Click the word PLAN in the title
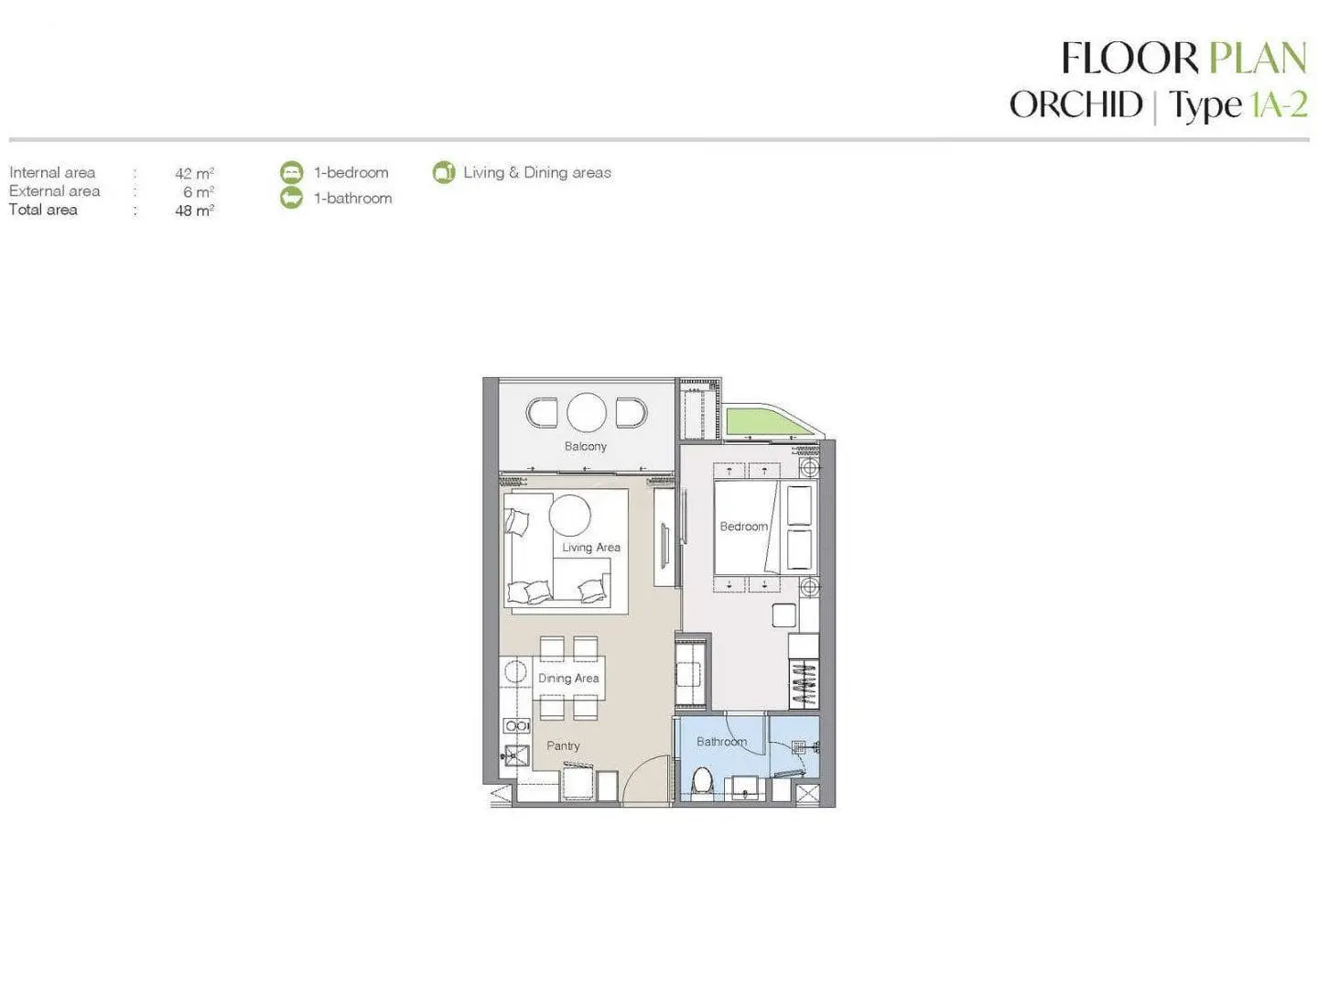[1257, 59]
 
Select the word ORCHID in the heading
[1076, 104]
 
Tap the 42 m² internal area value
[194, 174]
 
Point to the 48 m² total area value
[194, 211]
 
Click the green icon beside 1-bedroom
[292, 172]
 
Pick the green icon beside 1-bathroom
[292, 198]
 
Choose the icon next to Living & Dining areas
[444, 172]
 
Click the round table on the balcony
[586, 412]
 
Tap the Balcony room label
[586, 446]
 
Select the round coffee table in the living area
[569, 515]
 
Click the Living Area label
[591, 547]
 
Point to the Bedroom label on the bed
[743, 526]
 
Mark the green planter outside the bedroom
[764, 421]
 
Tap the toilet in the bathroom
[701, 782]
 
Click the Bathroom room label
[721, 742]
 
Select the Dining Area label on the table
[568, 678]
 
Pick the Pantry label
[563, 745]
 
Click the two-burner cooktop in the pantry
[516, 726]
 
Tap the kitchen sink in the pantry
[516, 755]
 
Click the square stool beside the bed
[783, 615]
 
